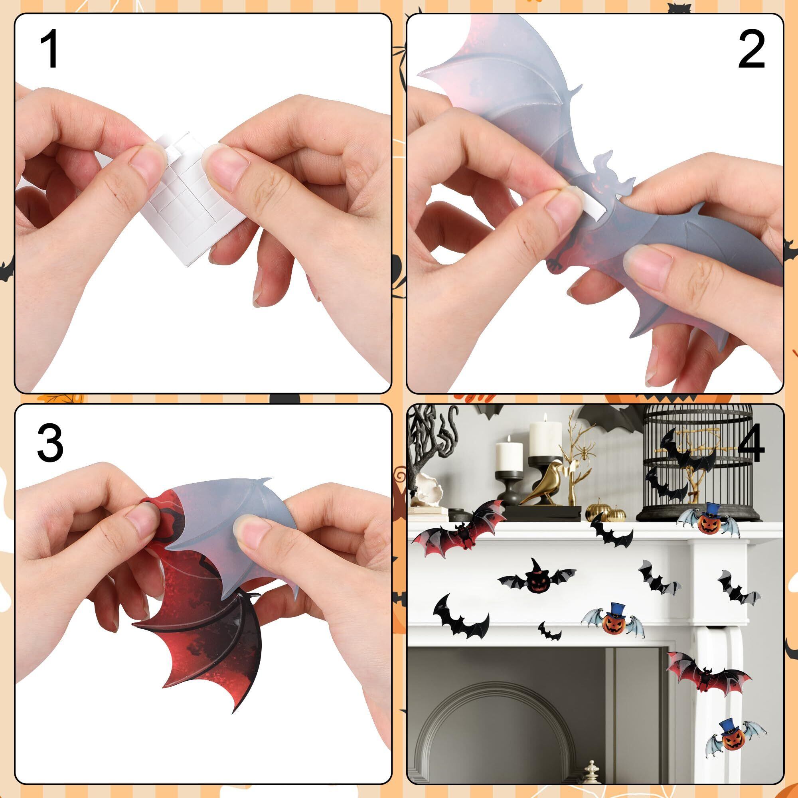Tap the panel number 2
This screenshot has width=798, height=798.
point(751,51)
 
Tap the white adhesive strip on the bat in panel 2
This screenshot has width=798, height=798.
point(595,204)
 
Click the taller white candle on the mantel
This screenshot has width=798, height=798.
point(545,437)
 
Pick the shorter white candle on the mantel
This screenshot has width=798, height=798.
point(509,454)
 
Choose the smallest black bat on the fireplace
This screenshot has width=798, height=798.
point(549,631)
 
